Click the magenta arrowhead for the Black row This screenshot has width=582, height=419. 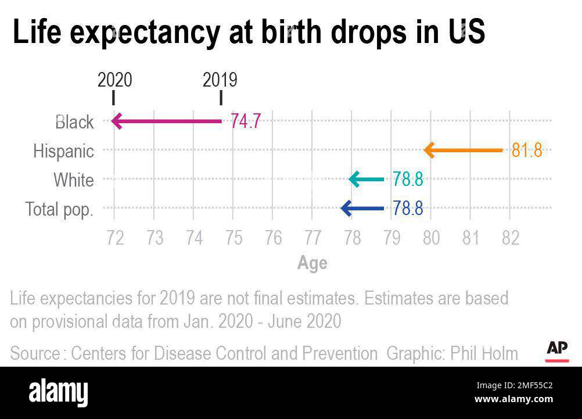tap(116, 121)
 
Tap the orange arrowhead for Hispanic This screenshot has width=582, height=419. tap(429, 151)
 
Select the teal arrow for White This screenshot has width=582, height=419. tap(367, 180)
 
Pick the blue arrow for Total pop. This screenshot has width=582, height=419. tap(362, 208)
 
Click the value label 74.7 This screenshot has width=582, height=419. tap(246, 121)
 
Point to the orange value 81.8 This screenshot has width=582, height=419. tap(526, 151)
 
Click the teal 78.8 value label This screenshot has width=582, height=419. tap(408, 180)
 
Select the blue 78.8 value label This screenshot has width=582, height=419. tap(408, 208)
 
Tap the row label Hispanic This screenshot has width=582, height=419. tap(63, 151)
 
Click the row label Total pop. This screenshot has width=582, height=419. tap(59, 209)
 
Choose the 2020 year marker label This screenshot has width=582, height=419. tap(114, 80)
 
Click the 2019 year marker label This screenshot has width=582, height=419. tap(220, 80)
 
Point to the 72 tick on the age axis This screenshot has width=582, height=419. tap(115, 238)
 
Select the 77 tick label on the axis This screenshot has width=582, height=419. tap(312, 238)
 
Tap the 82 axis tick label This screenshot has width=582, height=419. tap(510, 238)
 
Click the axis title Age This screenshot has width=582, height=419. tap(312, 263)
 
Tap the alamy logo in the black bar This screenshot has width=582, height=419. tap(58, 393)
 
